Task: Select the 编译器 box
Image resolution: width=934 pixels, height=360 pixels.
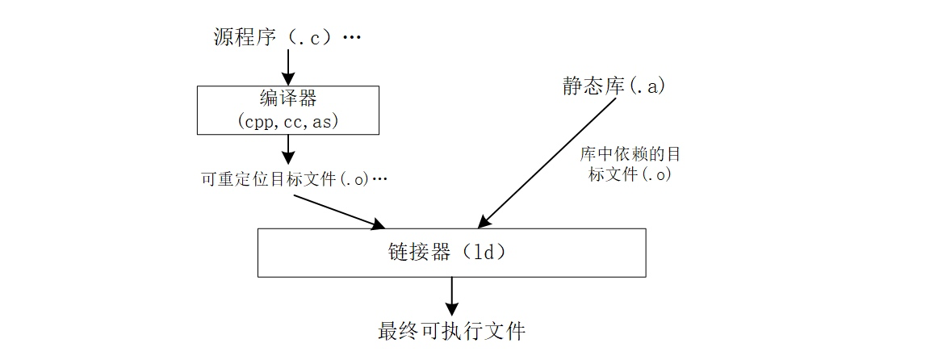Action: coord(288,110)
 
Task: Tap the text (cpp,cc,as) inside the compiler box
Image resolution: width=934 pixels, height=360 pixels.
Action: coord(288,121)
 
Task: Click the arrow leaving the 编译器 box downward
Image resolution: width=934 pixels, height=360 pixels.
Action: coord(288,150)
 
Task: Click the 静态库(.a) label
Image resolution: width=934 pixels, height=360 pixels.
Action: coord(614,86)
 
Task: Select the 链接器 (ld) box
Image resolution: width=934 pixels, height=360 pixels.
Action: coord(451,253)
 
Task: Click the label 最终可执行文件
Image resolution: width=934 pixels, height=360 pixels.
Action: coord(451,331)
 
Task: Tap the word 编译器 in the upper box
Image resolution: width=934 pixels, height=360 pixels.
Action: coord(288,99)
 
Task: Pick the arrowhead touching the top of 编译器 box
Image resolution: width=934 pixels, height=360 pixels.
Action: coord(288,79)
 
